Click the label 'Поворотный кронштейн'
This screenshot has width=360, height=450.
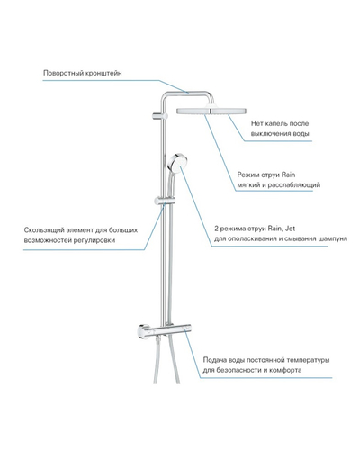tap(83, 73)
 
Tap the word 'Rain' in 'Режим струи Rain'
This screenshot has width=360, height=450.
tap(288, 175)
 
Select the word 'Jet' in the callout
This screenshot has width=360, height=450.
tap(290, 229)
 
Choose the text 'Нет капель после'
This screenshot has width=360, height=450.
tap(280, 123)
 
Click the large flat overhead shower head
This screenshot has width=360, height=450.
tap(211, 110)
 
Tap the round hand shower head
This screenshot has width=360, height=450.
tap(176, 163)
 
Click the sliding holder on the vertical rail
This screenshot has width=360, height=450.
tap(160, 202)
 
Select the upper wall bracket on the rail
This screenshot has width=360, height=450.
tap(158, 116)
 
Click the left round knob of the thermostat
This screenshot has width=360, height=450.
tap(142, 331)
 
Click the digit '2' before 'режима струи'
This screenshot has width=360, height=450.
tap(216, 229)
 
